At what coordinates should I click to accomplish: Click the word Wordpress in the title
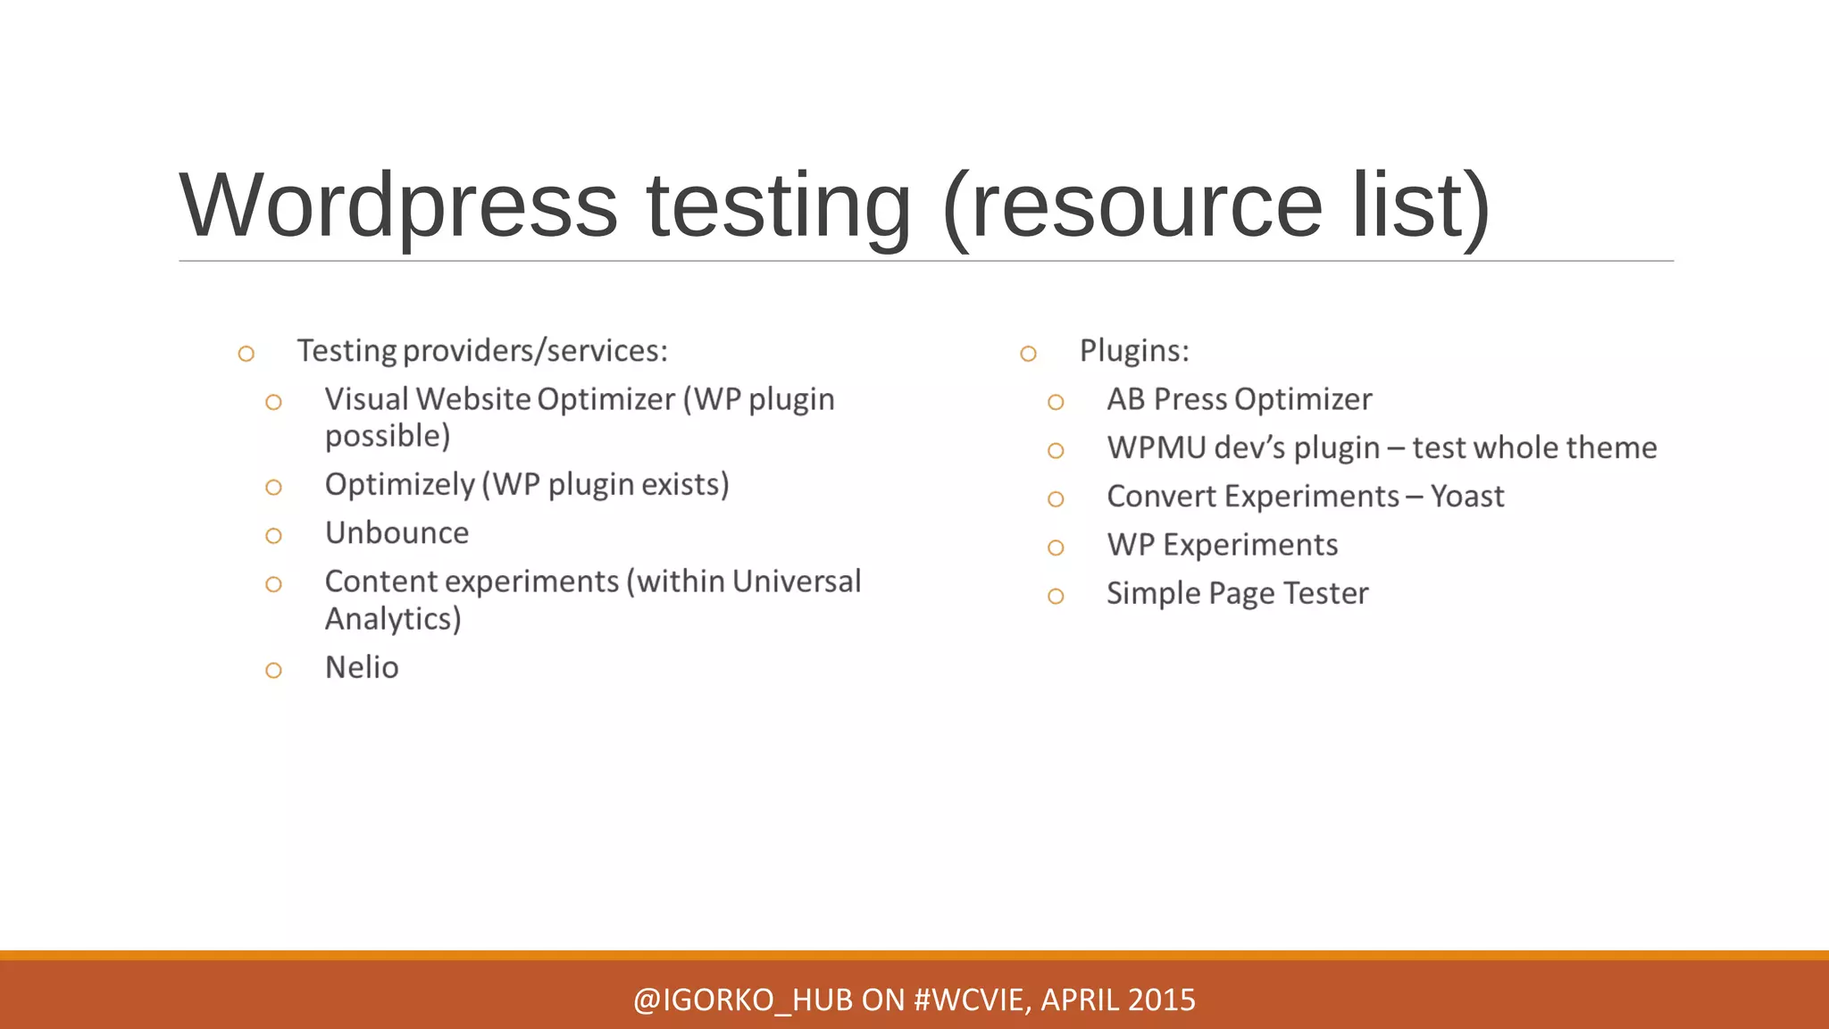click(x=398, y=206)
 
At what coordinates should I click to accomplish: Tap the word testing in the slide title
click(x=778, y=206)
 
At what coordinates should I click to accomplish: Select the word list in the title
click(x=1420, y=206)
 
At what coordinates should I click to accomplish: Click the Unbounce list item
click(x=397, y=533)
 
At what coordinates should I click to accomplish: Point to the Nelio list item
click(x=362, y=668)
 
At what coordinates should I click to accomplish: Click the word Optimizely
click(x=399, y=485)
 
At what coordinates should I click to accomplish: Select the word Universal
click(x=797, y=581)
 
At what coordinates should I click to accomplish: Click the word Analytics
click(x=392, y=619)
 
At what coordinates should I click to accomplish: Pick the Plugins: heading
click(x=1134, y=351)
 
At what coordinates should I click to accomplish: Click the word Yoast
click(x=1467, y=497)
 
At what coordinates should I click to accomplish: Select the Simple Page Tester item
click(x=1237, y=594)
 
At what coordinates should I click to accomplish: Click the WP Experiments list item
click(x=1222, y=545)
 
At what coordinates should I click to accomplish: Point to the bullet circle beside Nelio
click(x=273, y=671)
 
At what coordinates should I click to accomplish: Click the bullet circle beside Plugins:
click(x=1028, y=354)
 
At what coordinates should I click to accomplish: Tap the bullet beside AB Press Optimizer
click(x=1056, y=402)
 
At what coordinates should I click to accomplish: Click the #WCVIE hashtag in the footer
click(x=973, y=1000)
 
